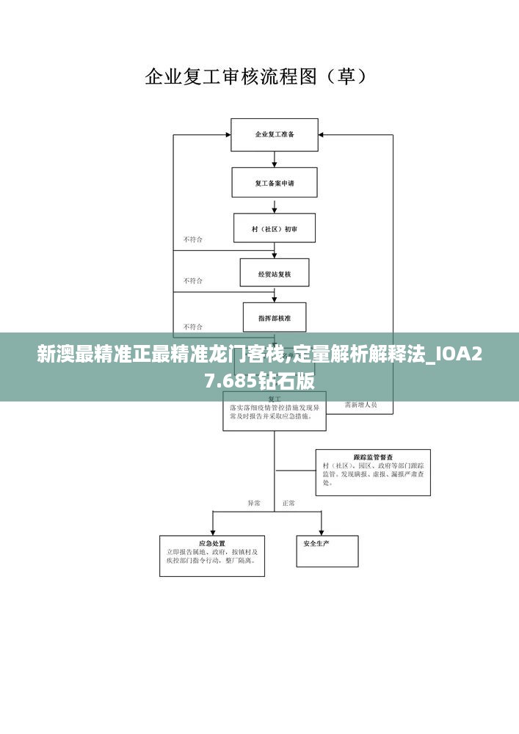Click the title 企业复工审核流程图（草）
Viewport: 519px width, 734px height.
(256, 76)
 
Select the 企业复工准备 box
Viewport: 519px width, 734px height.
(275, 135)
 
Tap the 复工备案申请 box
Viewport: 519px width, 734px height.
(275, 183)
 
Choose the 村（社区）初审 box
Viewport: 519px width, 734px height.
(275, 228)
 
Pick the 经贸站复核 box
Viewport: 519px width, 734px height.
(275, 273)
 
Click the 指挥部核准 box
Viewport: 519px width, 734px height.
(275, 318)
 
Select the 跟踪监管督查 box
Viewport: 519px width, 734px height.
(373, 472)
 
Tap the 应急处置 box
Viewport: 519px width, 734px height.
(212, 556)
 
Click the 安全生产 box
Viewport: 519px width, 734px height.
(327, 550)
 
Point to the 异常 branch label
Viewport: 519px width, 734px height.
(254, 504)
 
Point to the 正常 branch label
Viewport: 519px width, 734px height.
(288, 504)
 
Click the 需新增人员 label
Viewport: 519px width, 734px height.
(360, 404)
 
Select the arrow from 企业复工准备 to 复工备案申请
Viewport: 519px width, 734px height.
(275, 159)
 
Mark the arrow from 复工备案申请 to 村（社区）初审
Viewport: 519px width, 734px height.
(275, 206)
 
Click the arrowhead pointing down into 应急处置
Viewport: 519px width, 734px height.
(212, 531)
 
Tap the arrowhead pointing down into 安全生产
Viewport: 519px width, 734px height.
(322, 531)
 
